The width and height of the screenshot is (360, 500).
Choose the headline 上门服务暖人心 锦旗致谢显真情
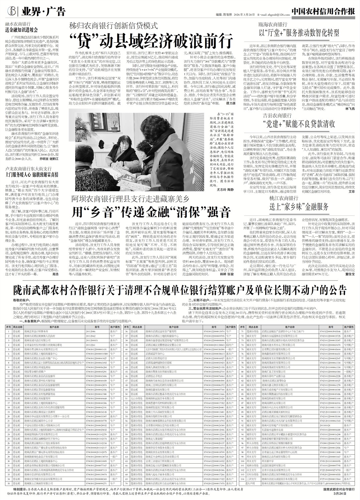click(32, 174)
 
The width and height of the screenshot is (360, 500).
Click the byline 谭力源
click(226, 104)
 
